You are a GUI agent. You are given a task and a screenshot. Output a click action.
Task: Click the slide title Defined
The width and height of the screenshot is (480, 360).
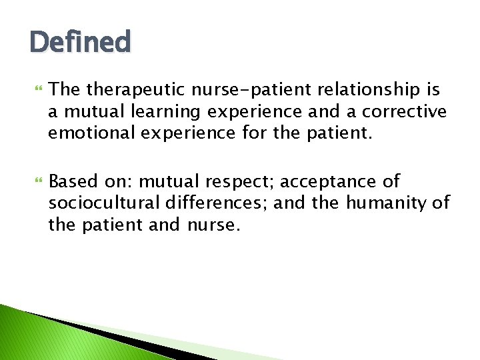click(x=81, y=42)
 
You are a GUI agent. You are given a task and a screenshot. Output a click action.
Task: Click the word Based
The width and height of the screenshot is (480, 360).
click(x=72, y=181)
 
